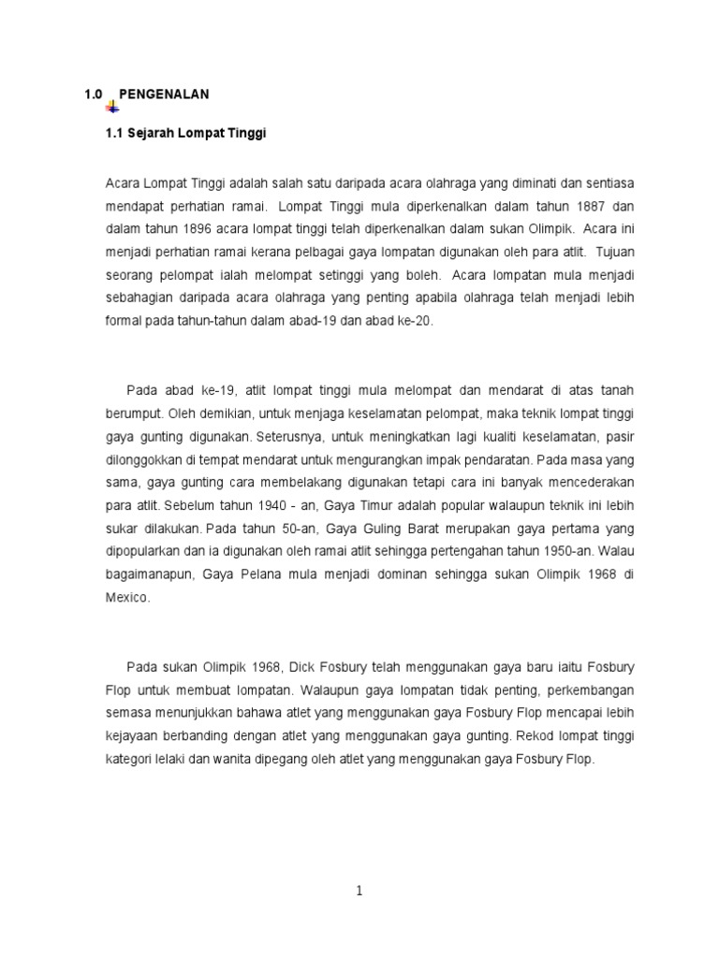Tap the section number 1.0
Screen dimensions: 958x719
(92, 94)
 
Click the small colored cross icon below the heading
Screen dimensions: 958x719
(112, 107)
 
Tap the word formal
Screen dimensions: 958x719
(124, 320)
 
